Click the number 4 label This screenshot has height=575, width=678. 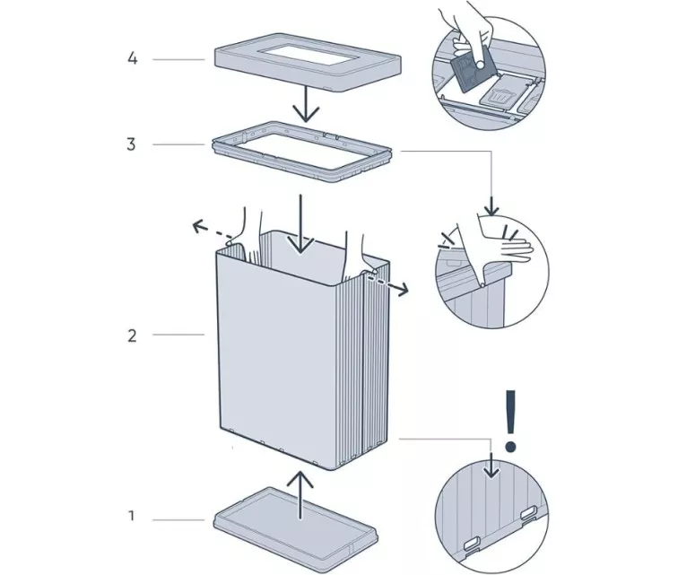pos(132,59)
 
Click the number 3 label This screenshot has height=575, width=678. pos(132,144)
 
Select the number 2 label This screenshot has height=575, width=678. pos(132,335)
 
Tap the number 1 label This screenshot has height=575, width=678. pos(132,518)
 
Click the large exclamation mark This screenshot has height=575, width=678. pos(511,419)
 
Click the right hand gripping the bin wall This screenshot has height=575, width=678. pos(356,247)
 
